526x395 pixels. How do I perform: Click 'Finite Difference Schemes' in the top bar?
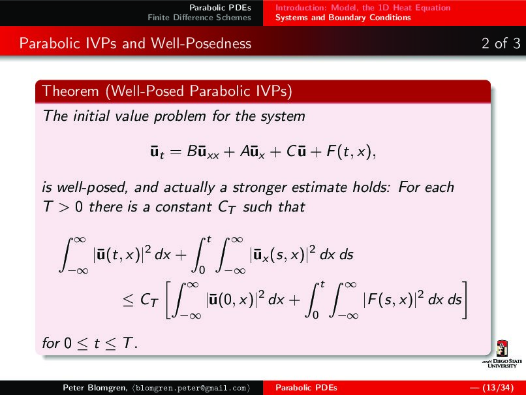tap(199, 18)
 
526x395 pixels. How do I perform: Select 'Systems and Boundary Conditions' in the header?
tap(343, 18)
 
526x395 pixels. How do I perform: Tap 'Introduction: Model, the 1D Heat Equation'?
tap(362, 8)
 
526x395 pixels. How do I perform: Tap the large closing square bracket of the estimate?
tap(465, 300)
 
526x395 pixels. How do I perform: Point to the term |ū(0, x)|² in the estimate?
tap(237, 299)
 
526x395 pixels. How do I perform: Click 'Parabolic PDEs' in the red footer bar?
tap(306, 388)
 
